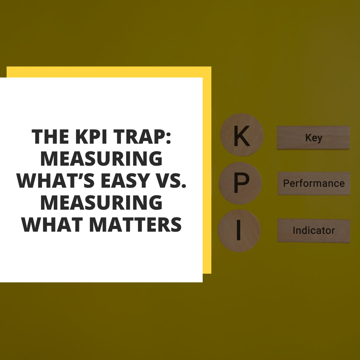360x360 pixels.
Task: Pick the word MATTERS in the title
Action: pyautogui.click(x=135, y=225)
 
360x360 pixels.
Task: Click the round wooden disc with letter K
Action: pyautogui.click(x=242, y=135)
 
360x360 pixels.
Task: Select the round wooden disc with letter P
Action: pyautogui.click(x=240, y=183)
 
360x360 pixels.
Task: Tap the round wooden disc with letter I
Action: pyautogui.click(x=239, y=231)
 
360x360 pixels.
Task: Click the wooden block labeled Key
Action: pyautogui.click(x=313, y=138)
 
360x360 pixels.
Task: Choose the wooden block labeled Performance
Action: pyautogui.click(x=314, y=183)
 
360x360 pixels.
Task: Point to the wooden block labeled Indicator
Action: pyautogui.click(x=314, y=231)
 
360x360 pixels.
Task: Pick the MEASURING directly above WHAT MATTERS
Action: pyautogui.click(x=101, y=203)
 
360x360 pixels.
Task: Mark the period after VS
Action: pyautogui.click(x=183, y=186)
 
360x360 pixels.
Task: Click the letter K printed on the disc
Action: pyautogui.click(x=242, y=136)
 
